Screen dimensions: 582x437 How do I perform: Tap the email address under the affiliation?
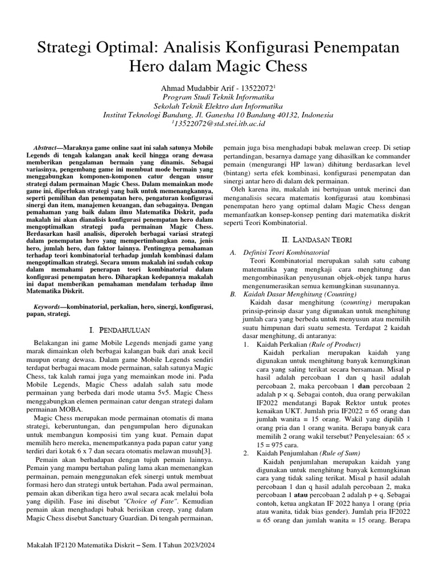coord(218,123)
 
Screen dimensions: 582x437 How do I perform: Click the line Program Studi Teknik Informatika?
coord(218,97)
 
